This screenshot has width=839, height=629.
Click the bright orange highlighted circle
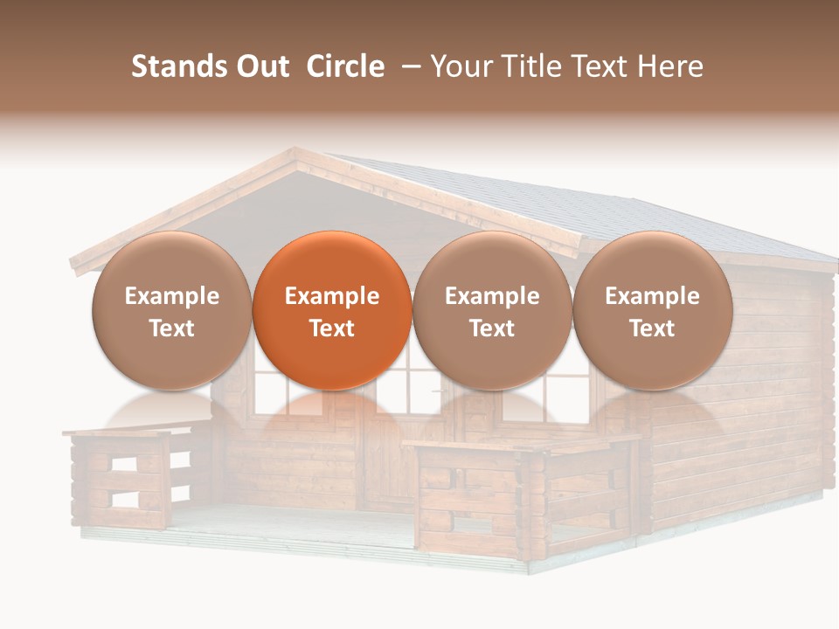point(331,310)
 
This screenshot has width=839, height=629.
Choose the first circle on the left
point(171,310)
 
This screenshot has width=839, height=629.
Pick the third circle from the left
point(492,310)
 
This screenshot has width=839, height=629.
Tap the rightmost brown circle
point(652,310)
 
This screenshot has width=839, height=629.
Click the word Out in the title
point(260,66)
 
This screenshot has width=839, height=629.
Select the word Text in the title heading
point(605,66)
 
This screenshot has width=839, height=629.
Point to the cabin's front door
point(385,454)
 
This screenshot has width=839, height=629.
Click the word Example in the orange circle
point(331,296)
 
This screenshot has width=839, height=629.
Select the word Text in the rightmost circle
point(652,328)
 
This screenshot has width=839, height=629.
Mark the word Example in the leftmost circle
point(171,296)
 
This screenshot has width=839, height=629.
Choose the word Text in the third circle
point(492,328)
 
